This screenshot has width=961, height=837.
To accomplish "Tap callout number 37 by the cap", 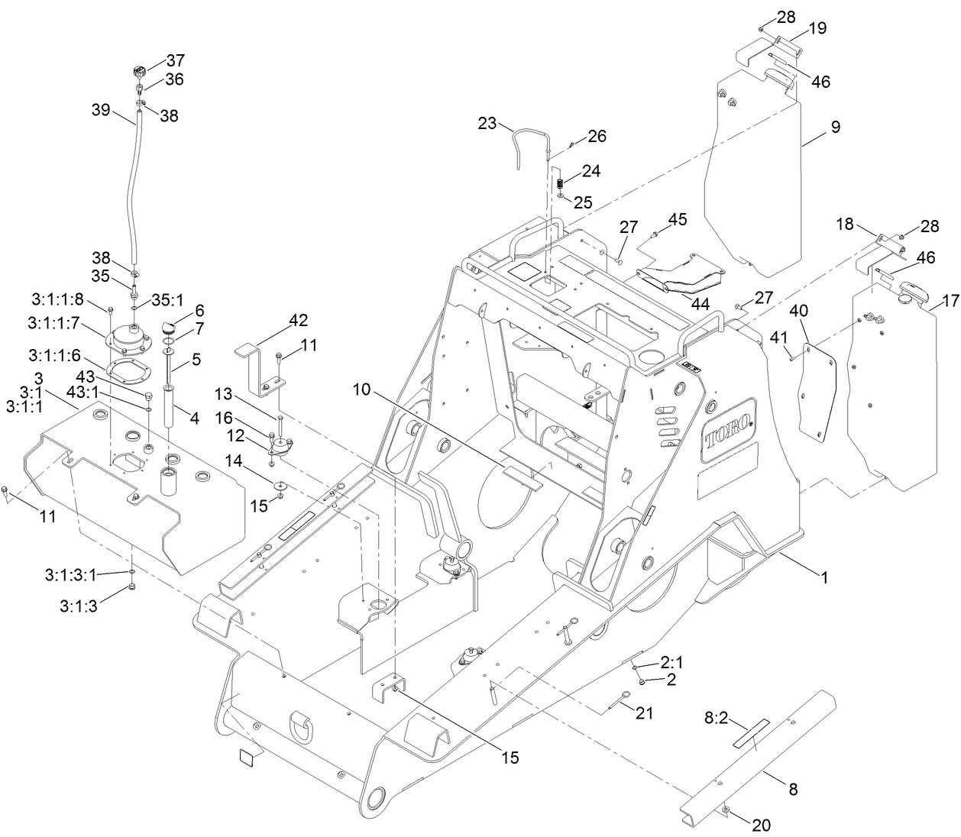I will (176, 60).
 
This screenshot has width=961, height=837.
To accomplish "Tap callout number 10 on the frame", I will (363, 390).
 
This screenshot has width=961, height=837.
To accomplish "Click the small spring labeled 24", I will (558, 184).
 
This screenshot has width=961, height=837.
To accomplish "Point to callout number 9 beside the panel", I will (835, 127).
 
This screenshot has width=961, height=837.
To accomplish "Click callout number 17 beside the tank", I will (950, 302).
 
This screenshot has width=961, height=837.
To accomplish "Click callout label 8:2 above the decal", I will (717, 717).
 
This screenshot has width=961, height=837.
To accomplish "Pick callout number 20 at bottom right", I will (761, 825).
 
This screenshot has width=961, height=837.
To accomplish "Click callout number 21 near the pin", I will (645, 713).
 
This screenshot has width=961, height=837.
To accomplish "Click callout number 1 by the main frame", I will (824, 577).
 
